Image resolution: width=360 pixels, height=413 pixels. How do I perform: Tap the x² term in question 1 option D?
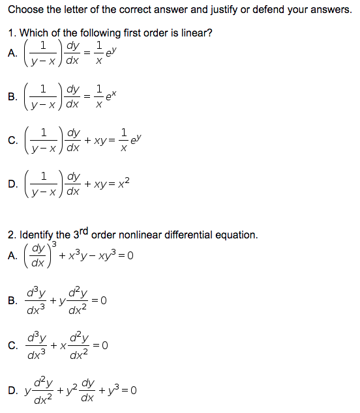tap(126, 184)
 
